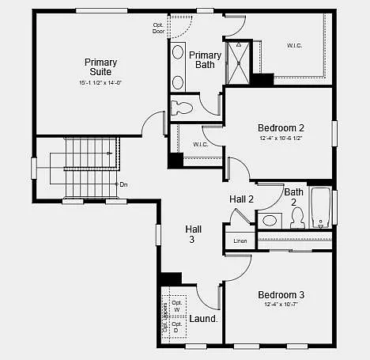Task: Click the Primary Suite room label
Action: pos(100,67)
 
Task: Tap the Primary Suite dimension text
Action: pos(100,82)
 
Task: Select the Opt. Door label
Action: pos(159,28)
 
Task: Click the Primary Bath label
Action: pos(205,59)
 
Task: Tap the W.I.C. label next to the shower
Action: pos(293,45)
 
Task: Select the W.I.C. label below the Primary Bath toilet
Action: pos(200,144)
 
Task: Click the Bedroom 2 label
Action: pos(281,127)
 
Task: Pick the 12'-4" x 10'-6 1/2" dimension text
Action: pos(281,138)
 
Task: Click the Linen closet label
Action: pos(240,240)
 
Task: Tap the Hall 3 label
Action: pos(193,233)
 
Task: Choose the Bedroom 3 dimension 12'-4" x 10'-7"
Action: pos(280,305)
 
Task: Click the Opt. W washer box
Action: pos(176,306)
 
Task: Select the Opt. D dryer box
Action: pos(176,327)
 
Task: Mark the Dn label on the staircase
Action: pos(123,184)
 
